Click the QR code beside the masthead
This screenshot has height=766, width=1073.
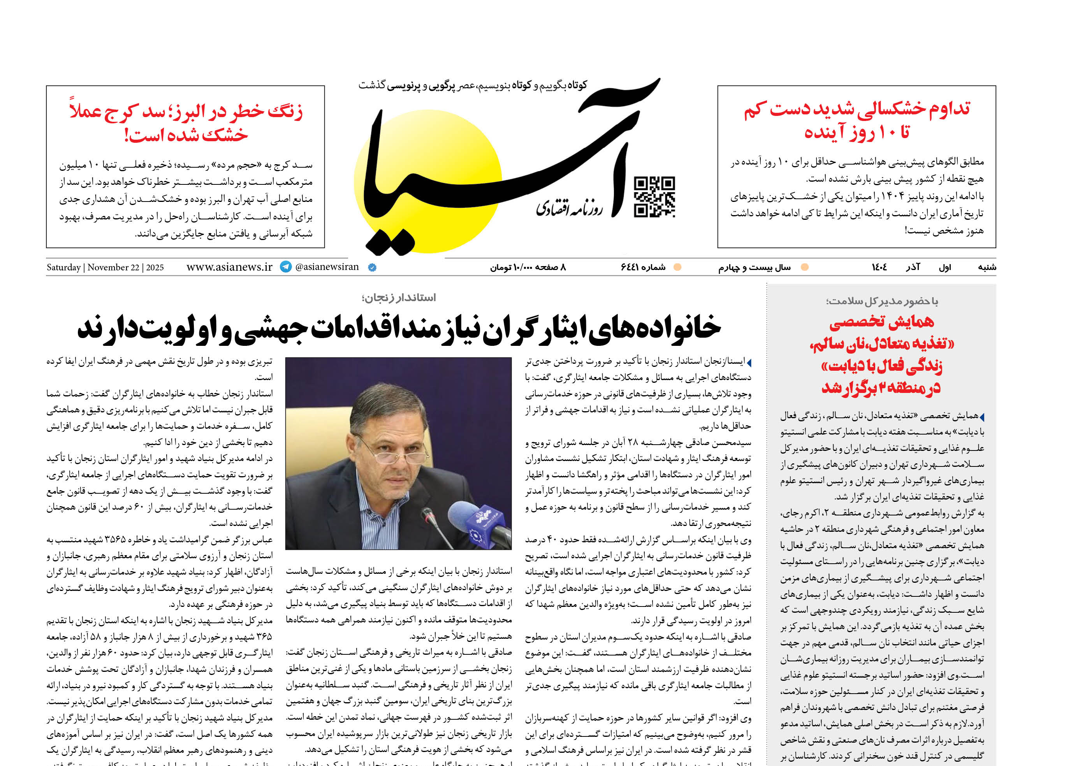click(x=654, y=197)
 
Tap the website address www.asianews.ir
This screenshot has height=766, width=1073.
click(x=229, y=267)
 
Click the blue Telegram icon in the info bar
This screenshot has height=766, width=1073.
click(x=286, y=267)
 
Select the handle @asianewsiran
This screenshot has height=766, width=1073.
click(x=327, y=267)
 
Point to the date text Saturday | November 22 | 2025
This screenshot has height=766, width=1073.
click(x=105, y=267)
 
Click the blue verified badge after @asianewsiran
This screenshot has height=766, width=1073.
click(x=372, y=267)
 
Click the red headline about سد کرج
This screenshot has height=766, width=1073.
click(x=186, y=123)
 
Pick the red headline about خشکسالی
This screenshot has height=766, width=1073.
click(x=857, y=120)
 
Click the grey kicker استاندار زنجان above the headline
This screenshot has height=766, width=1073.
click(x=399, y=298)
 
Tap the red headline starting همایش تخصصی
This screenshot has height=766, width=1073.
click(x=881, y=354)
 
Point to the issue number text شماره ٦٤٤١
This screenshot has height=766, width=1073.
click(x=643, y=267)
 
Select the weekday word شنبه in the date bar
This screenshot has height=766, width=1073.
click(x=987, y=267)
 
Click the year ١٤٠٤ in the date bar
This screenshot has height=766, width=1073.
click(x=879, y=267)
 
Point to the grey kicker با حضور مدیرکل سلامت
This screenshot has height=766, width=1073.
click(x=882, y=301)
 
